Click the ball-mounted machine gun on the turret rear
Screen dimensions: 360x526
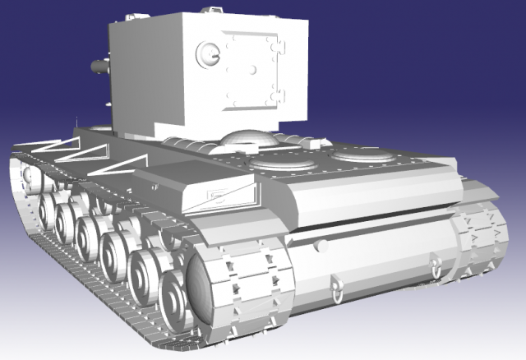coord(206,53)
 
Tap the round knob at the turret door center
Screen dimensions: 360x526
coord(254,65)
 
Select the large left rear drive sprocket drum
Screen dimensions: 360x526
coord(210,291)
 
